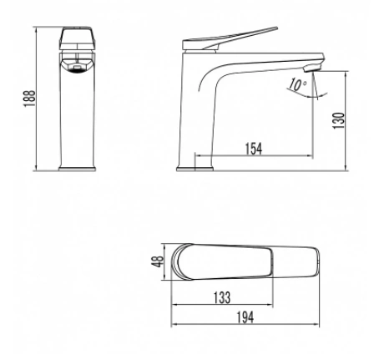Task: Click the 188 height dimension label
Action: click(29, 99)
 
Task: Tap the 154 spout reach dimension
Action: click(254, 149)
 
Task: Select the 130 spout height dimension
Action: click(339, 120)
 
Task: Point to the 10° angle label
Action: click(297, 84)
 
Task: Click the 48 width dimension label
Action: click(158, 261)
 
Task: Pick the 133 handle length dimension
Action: click(222, 297)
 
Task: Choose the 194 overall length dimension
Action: click(245, 317)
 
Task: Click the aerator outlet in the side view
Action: click(312, 68)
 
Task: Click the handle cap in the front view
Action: click(78, 38)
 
